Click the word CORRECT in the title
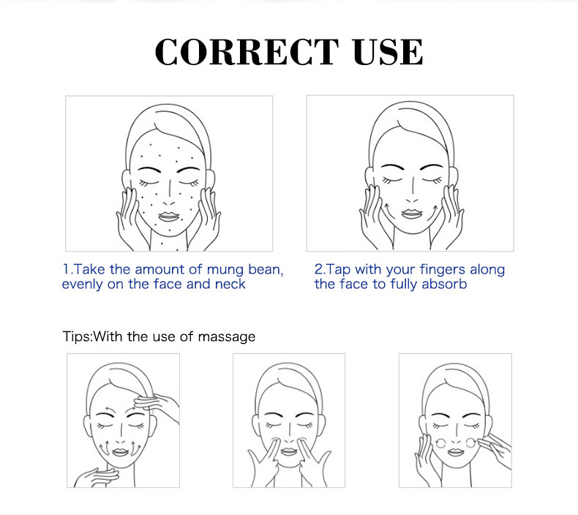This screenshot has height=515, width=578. [x=247, y=52]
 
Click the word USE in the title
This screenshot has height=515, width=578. [x=388, y=52]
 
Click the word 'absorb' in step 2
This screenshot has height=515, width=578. [x=444, y=285]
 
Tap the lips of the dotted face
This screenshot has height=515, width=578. [x=168, y=217]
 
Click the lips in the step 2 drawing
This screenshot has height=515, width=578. [x=412, y=214]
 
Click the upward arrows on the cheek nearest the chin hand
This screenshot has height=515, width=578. [x=105, y=446]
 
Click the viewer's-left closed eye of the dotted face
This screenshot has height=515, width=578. [x=149, y=182]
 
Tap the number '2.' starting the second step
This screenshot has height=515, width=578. [x=320, y=269]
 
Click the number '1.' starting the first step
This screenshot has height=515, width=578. [x=67, y=269]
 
